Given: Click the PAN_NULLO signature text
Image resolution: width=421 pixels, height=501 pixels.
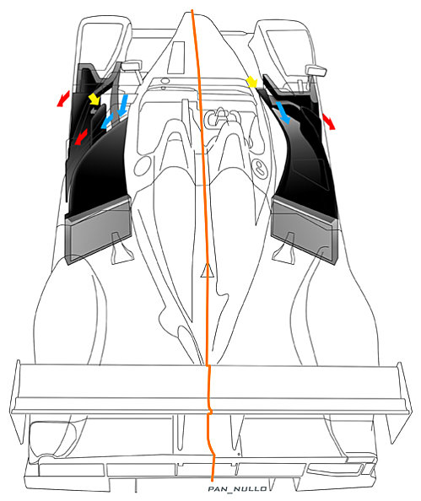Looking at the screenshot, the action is click(238, 489).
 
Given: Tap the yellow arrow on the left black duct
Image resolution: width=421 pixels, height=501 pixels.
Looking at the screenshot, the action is click(94, 99).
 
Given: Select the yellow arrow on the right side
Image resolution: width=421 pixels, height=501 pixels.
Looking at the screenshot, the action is click(252, 82).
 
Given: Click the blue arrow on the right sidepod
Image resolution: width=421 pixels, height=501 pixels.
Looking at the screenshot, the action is click(283, 112).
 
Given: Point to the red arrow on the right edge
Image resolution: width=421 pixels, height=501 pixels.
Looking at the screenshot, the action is click(329, 121).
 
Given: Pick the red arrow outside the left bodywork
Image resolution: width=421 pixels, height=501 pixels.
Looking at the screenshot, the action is click(63, 99).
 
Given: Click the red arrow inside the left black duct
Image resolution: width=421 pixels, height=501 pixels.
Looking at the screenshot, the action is click(81, 137).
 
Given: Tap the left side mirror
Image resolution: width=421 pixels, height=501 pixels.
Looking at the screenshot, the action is click(132, 66).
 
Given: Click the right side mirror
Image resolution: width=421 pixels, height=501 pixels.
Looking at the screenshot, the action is click(316, 70).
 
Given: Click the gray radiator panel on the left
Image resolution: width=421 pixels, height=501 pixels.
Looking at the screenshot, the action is click(99, 230).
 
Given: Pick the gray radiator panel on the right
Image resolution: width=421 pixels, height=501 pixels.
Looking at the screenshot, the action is click(304, 230).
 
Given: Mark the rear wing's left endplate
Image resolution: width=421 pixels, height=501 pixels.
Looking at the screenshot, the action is click(17, 402).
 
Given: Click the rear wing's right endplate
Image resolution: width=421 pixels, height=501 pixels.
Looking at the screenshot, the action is click(402, 403).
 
